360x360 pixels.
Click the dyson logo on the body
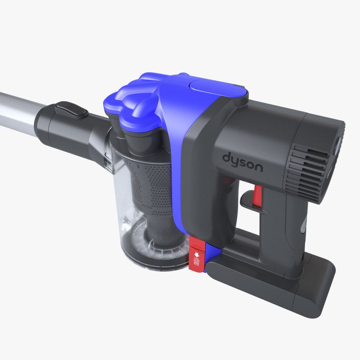[x=242, y=162]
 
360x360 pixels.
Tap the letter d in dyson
[x=226, y=158]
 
